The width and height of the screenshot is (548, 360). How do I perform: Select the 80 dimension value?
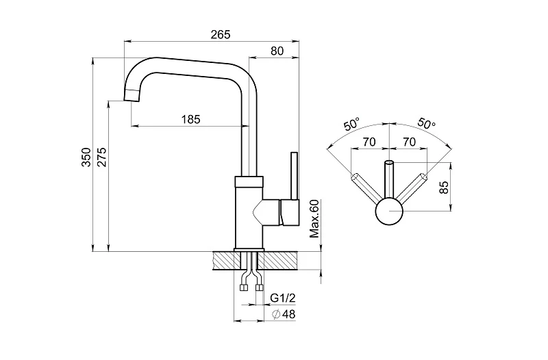click(277, 50)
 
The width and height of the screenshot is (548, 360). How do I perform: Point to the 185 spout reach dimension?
click(191, 119)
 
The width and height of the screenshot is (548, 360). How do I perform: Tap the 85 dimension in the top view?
click(444, 187)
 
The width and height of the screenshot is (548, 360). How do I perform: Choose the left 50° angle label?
click(352, 125)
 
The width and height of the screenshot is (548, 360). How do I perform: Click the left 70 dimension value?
click(369, 142)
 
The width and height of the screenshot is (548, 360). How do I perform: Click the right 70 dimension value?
click(409, 142)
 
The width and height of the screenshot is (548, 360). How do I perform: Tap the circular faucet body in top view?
click(389, 211)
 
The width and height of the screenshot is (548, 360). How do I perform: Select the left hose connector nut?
click(245, 288)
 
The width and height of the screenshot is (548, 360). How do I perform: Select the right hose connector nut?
click(259, 288)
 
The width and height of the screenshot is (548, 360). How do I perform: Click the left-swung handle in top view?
click(364, 188)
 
